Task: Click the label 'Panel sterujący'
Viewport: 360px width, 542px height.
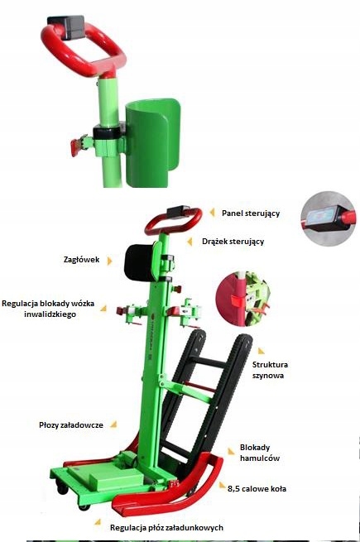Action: (251, 213)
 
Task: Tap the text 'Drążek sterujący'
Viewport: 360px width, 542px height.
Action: (233, 242)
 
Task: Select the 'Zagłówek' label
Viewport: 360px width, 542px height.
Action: (81, 260)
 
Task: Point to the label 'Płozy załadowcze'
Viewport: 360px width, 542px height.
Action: (71, 424)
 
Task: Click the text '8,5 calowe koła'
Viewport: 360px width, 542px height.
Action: (257, 489)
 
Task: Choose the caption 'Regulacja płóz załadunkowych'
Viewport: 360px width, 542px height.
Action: (166, 527)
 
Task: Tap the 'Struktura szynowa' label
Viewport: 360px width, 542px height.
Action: (270, 370)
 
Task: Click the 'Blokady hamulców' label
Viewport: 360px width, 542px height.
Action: (260, 453)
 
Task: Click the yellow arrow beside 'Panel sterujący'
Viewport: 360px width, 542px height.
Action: (212, 212)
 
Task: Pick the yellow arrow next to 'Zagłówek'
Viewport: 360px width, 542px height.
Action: (109, 261)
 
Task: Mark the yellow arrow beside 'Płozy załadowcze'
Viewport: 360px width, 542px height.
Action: (113, 424)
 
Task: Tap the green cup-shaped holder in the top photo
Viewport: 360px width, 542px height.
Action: (151, 142)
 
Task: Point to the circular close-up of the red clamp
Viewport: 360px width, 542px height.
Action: (242, 299)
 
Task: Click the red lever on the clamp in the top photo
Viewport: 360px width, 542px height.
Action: (76, 147)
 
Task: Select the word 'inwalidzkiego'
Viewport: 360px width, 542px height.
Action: (50, 314)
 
